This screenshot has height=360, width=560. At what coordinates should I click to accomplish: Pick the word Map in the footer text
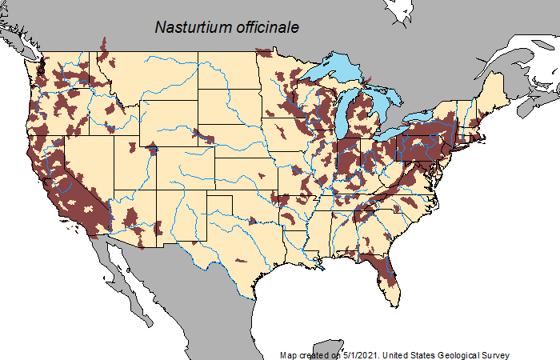[289, 354]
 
